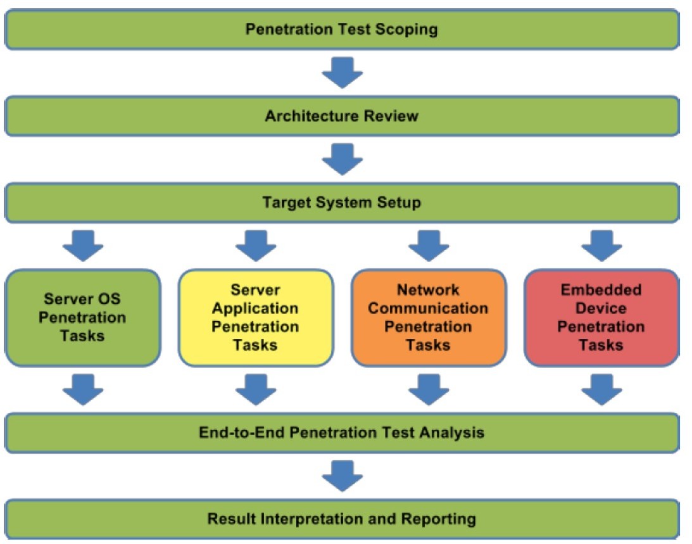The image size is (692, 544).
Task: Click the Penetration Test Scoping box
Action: [342, 29]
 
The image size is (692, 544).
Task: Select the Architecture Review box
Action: [342, 116]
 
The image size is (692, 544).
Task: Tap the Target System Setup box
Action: [342, 203]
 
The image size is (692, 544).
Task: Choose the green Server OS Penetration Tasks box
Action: [82, 317]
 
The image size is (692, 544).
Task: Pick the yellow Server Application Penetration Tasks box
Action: [256, 317]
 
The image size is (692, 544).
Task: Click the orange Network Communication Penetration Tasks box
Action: [429, 317]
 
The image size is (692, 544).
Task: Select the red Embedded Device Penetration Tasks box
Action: [601, 317]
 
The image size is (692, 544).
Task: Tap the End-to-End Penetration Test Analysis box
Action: [342, 433]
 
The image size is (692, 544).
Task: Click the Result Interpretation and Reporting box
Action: [342, 519]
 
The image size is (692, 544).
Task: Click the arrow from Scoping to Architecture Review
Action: [343, 72]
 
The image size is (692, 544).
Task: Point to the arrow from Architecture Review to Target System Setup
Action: [343, 159]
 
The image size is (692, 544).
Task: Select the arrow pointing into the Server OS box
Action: [83, 246]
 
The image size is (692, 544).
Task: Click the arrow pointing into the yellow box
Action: [256, 246]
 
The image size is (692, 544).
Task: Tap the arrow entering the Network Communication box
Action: [429, 246]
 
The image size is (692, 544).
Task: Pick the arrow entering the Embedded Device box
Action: [602, 246]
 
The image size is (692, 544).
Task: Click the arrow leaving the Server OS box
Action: [83, 389]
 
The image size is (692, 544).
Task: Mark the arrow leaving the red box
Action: [602, 389]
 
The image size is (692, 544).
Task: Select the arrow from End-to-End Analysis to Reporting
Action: [343, 476]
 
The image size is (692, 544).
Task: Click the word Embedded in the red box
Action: [601, 289]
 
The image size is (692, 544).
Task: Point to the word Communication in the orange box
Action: [428, 308]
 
